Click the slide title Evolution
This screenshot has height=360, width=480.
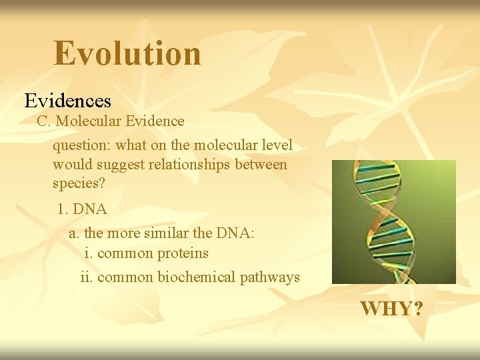tap(127, 53)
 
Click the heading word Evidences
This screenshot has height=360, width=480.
tap(67, 101)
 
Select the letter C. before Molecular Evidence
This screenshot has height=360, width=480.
tap(44, 121)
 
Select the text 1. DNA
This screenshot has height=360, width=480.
tap(81, 209)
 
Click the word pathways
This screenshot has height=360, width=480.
tap(273, 277)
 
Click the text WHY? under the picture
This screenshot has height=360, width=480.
tap(391, 309)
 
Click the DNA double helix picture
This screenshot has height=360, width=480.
tap(393, 222)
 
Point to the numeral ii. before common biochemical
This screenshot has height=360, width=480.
tap(87, 277)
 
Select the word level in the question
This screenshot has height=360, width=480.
tap(276, 145)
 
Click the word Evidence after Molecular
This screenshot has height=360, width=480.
tap(155, 121)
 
